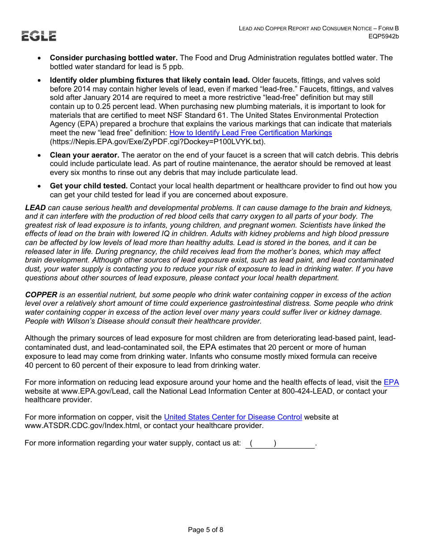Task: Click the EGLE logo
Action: [39, 36]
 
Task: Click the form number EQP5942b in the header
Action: [383, 36]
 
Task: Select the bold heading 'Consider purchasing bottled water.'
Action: [114, 58]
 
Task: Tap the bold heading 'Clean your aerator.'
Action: [84, 155]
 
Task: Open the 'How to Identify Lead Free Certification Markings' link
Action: [250, 133]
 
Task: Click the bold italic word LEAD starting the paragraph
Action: [35, 208]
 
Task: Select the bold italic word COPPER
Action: [41, 295]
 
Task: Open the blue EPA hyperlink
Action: [391, 383]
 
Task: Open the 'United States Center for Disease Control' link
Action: [233, 417]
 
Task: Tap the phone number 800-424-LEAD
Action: [307, 391]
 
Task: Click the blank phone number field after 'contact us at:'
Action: [280, 443]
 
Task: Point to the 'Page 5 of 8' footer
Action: [205, 530]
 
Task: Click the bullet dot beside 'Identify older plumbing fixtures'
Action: [40, 81]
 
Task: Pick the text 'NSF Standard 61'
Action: [178, 116]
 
